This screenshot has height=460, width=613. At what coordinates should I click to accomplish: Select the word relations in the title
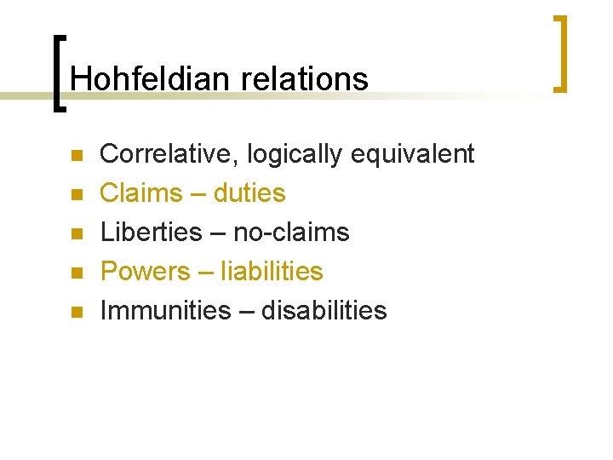(305, 78)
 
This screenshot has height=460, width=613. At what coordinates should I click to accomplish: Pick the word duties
(249, 193)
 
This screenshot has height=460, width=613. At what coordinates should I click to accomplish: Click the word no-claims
(292, 233)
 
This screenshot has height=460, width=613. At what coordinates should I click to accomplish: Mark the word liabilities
(272, 272)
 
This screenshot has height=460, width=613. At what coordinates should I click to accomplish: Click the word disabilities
(324, 311)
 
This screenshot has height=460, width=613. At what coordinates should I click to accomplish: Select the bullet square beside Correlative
(75, 157)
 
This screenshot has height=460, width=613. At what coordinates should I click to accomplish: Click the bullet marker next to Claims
(75, 196)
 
